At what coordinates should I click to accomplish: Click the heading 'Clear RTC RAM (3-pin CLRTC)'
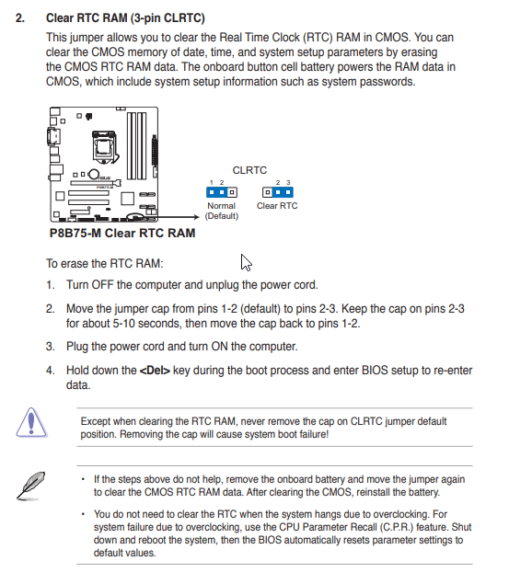[x=125, y=17]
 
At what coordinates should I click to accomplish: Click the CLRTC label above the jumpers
[x=249, y=170]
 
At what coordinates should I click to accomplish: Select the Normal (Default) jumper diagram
[x=222, y=192]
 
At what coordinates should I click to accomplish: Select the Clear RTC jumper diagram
[x=277, y=192]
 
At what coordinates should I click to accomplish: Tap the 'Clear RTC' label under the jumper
[x=277, y=206]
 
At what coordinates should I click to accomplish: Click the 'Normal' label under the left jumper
[x=221, y=206]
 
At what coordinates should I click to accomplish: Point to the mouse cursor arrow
[x=246, y=262]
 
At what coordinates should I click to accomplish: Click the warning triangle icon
[x=31, y=422]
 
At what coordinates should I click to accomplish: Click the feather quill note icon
[x=30, y=486]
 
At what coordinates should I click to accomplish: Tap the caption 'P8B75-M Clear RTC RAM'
[x=122, y=233]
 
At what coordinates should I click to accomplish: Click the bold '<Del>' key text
[x=155, y=371]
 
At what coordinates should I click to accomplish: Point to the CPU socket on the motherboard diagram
[x=104, y=147]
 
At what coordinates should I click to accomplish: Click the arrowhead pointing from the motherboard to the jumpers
[x=196, y=217]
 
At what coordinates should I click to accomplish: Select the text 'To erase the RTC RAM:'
[x=105, y=263]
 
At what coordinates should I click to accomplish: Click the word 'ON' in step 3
[x=219, y=346]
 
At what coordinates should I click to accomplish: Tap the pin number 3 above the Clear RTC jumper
[x=288, y=182]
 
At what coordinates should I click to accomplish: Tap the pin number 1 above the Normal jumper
[x=212, y=182]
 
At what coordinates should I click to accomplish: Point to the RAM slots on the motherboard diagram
[x=137, y=145]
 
